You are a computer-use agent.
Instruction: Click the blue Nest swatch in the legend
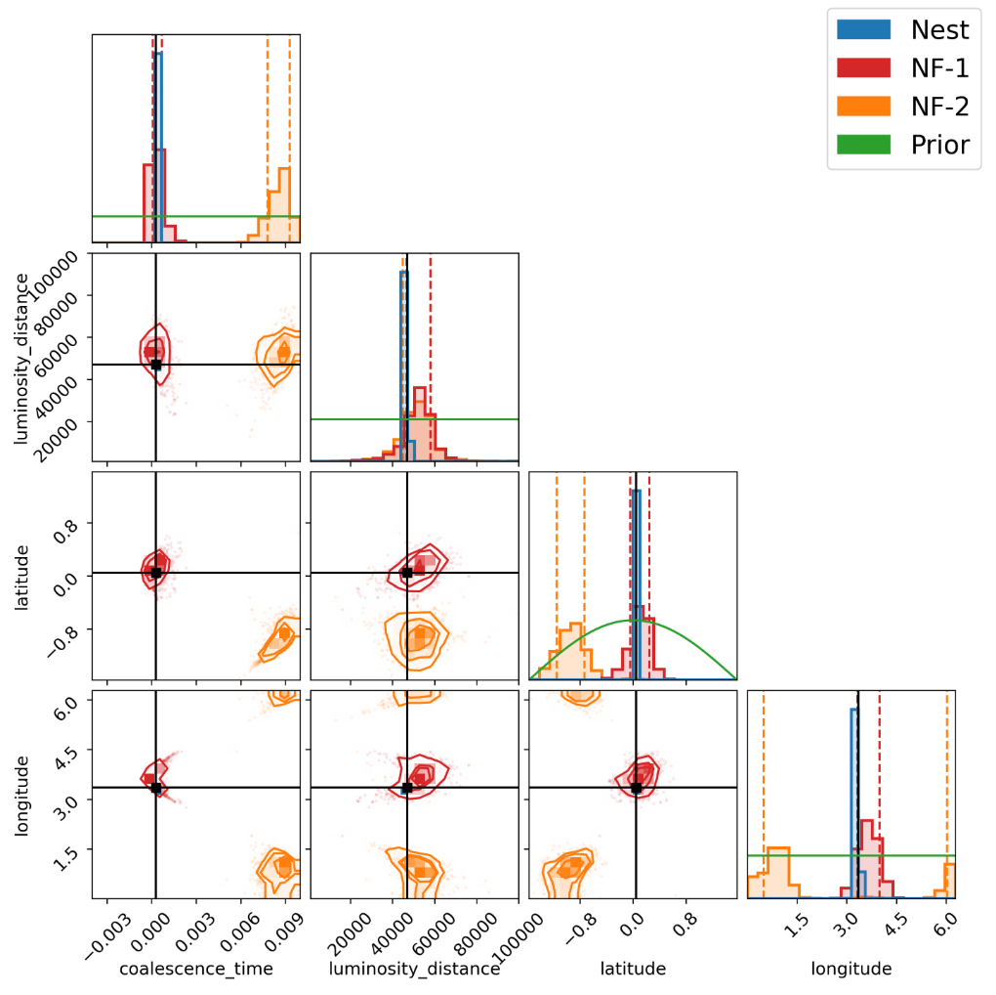[x=864, y=29]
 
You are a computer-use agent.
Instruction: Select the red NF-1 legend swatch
[x=864, y=67]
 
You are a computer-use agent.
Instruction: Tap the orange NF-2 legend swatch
[x=864, y=106]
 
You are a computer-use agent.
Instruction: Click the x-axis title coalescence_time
[x=195, y=969]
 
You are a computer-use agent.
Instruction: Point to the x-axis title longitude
[x=851, y=969]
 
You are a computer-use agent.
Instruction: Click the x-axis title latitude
[x=633, y=969]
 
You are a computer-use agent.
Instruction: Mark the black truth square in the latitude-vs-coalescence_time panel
[x=155, y=572]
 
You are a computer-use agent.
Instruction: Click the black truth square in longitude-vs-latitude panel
[x=636, y=787]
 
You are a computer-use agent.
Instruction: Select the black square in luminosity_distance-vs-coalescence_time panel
[x=155, y=365]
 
